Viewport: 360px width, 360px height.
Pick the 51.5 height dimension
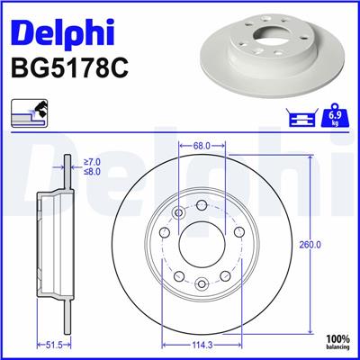point(56,343)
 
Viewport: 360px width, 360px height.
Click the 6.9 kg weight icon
point(337,117)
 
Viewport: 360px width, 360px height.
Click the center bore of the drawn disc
point(202,243)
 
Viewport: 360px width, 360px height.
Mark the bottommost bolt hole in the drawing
point(202,285)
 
